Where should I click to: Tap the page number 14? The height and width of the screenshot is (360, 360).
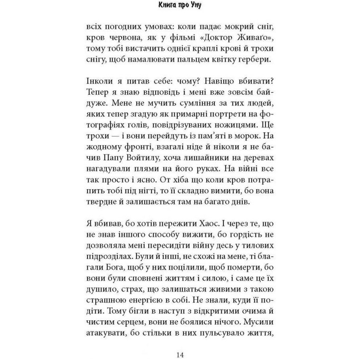pos(180,354)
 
